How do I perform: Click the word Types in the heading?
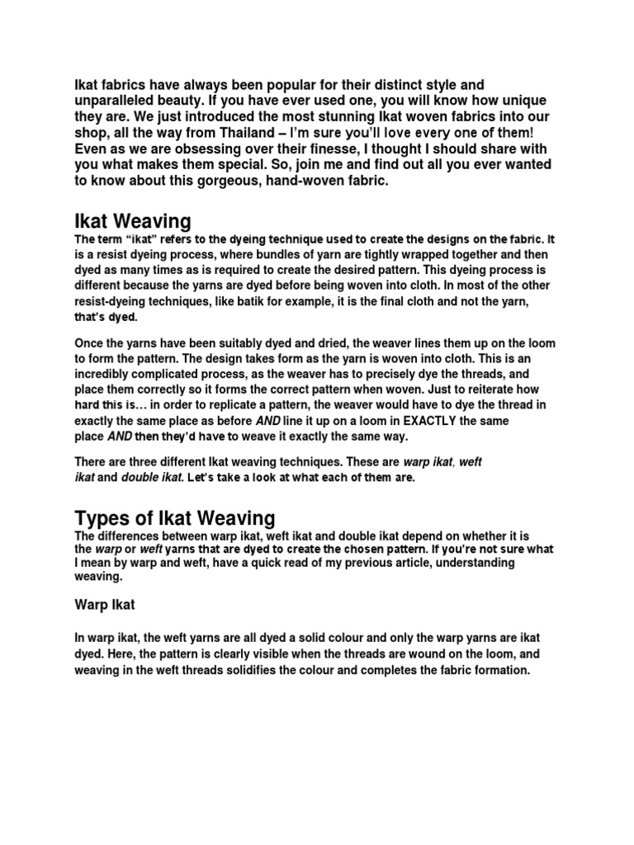pos(98,518)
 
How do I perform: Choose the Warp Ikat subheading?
pos(105,605)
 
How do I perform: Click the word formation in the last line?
pos(497,671)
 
